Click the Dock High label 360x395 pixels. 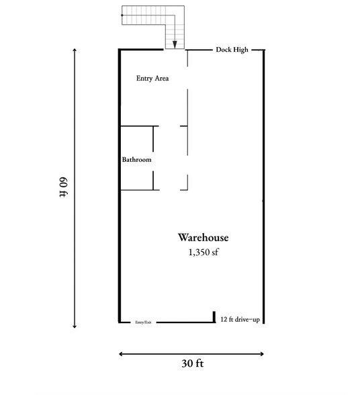(x=232, y=50)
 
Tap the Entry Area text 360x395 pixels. (x=152, y=79)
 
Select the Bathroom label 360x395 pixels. (x=136, y=161)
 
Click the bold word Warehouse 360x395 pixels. (x=204, y=238)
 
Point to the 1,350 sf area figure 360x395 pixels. (x=204, y=253)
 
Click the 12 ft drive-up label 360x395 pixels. (x=240, y=320)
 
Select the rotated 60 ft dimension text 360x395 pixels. (x=64, y=187)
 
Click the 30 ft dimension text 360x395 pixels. (x=192, y=364)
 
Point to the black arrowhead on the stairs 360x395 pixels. (x=175, y=44)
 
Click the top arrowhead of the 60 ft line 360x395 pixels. (x=74, y=50)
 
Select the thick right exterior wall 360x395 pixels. (x=263, y=188)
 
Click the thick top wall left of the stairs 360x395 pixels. (x=141, y=49)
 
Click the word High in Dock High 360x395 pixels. (x=240, y=50)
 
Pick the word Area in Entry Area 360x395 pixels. (x=160, y=79)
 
